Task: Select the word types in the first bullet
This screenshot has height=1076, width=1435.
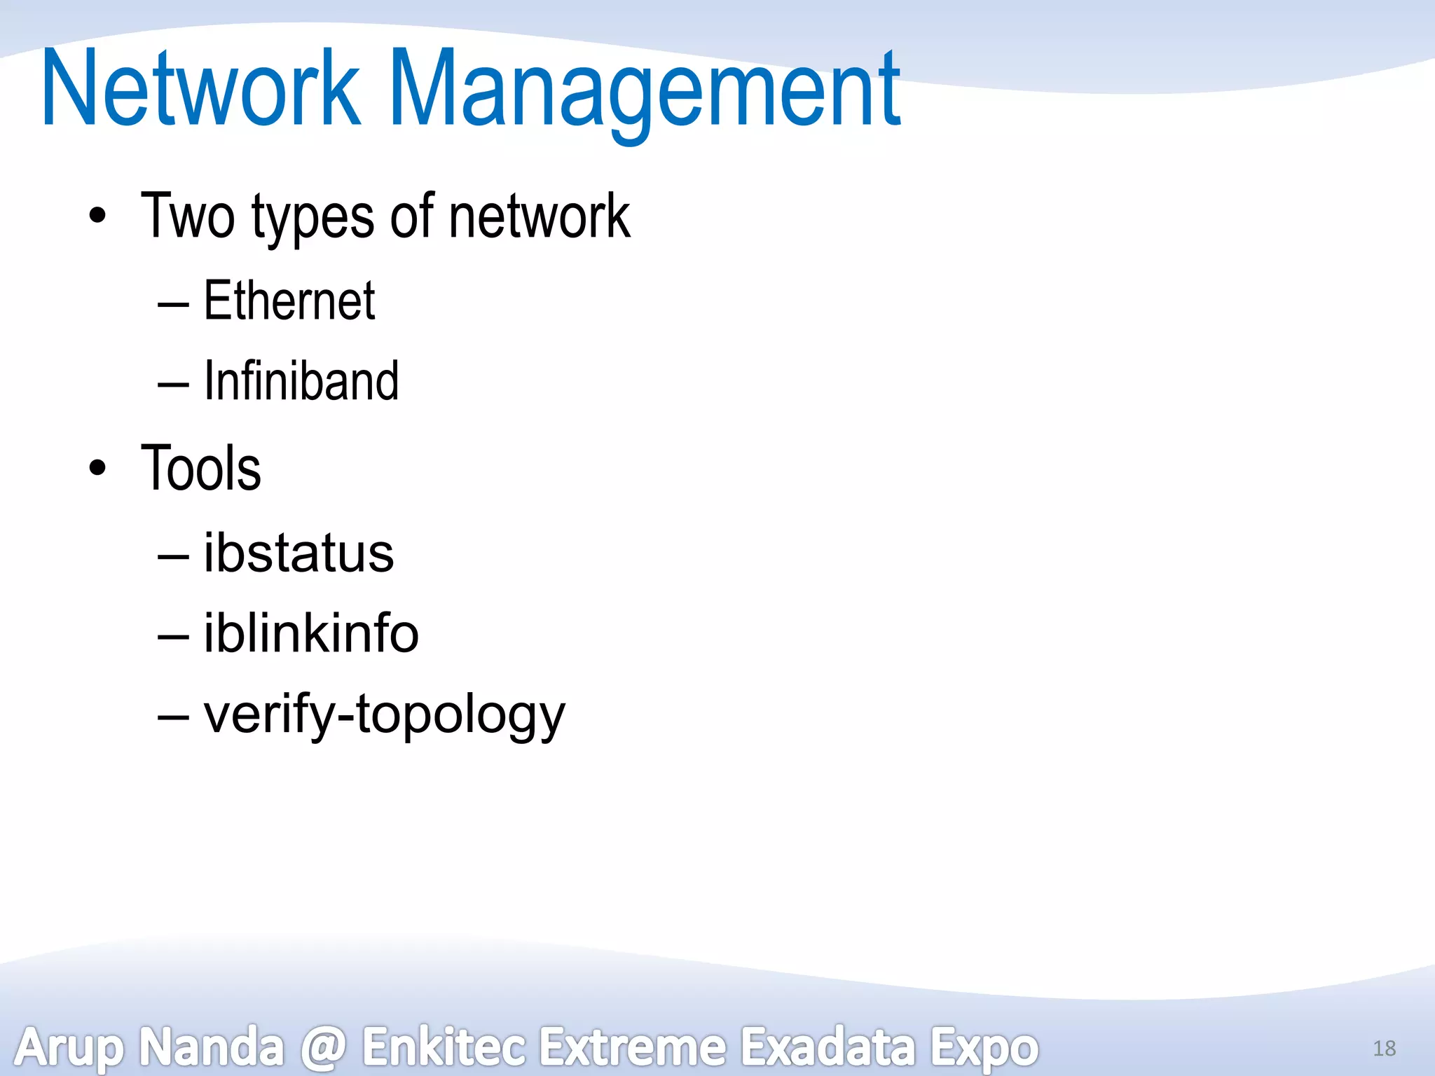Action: click(x=313, y=219)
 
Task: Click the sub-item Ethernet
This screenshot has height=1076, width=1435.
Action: click(x=289, y=301)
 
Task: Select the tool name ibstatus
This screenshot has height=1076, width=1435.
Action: click(x=298, y=553)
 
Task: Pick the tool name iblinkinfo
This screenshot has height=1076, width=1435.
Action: click(x=311, y=633)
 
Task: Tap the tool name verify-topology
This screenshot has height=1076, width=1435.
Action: click(x=384, y=714)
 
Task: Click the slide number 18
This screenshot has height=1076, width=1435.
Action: click(x=1384, y=1048)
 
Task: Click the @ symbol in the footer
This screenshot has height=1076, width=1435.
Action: click(x=323, y=1048)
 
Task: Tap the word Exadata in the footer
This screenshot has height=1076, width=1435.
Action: click(x=828, y=1047)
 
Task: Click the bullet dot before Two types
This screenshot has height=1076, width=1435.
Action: click(x=98, y=216)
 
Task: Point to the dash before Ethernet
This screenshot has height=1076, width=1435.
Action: click(x=173, y=305)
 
